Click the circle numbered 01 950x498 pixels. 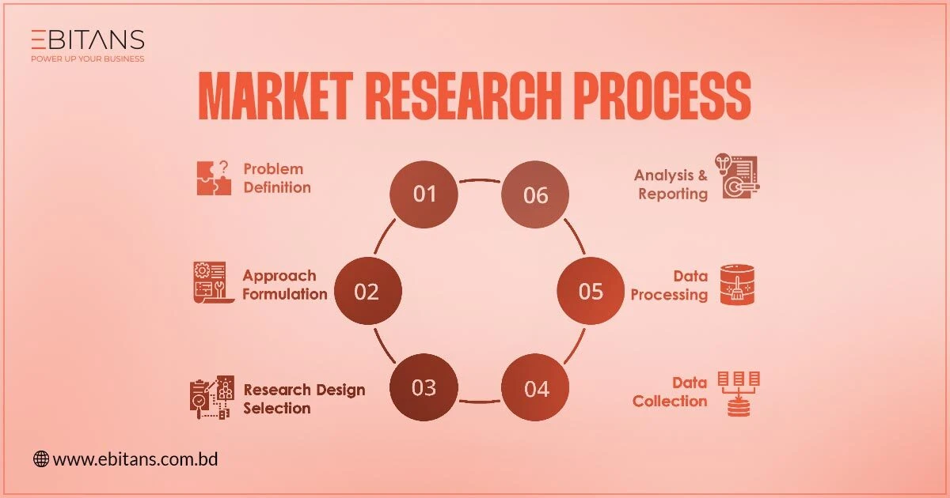point(424,194)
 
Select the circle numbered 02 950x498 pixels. point(367,292)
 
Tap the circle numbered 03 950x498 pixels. point(424,387)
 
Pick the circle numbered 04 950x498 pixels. point(536,389)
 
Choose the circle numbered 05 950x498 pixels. point(591,292)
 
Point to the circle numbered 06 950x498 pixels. point(536,194)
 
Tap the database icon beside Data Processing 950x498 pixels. point(738,285)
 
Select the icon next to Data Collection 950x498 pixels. point(739,392)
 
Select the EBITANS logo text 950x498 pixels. point(87,40)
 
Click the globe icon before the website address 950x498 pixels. point(40,458)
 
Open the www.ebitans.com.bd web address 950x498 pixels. point(135,458)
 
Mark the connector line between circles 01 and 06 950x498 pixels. point(481,181)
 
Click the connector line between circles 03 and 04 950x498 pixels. point(481,402)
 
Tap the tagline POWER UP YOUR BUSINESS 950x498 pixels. point(87,58)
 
